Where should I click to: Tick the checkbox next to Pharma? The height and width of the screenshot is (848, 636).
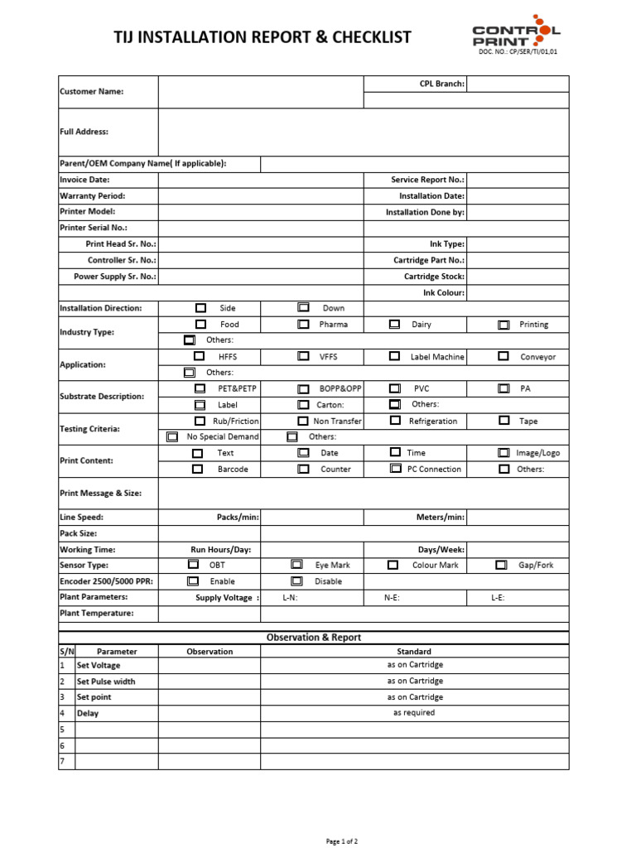pos(303,325)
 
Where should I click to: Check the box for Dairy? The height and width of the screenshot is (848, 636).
pos(394,325)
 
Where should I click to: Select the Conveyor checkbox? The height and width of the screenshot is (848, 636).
pos(503,356)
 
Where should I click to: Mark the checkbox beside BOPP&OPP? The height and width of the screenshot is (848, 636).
pos(303,388)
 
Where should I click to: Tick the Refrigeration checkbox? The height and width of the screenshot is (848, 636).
pos(394,421)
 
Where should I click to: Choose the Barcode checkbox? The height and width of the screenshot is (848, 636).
pos(197,469)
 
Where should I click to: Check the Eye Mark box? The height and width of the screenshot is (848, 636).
pos(296,565)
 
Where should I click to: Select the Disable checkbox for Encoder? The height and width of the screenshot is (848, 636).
pos(296,581)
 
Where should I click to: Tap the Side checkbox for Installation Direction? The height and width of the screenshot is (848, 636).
pos(200,308)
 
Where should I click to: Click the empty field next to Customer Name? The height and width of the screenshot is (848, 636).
pos(261,91)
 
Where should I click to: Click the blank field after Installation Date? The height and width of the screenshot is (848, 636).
pos(518,196)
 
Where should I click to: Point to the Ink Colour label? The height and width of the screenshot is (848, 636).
pos(444,292)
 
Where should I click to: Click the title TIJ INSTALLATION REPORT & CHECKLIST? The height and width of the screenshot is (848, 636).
pos(262,37)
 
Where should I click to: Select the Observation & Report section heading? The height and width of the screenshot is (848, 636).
pos(314,638)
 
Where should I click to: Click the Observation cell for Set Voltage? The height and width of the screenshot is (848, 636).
pos(210,666)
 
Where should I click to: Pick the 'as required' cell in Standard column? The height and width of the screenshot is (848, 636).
pos(414,713)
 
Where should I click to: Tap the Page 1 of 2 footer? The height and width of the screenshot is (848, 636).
pos(341,841)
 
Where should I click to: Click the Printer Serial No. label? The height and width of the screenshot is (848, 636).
pos(94,228)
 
